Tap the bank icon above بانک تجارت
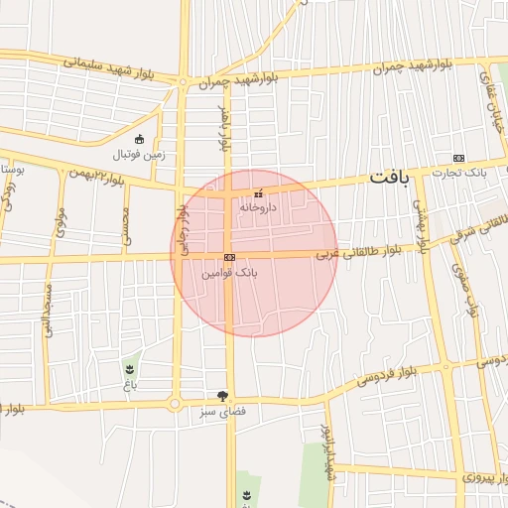tap(458, 158)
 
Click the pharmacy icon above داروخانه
tap(259, 193)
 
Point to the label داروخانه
tap(256, 207)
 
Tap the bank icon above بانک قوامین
tap(230, 256)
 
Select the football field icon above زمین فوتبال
tap(139, 139)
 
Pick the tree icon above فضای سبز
tap(236, 395)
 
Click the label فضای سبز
tap(236, 410)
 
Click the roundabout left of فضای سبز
tap(175, 404)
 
